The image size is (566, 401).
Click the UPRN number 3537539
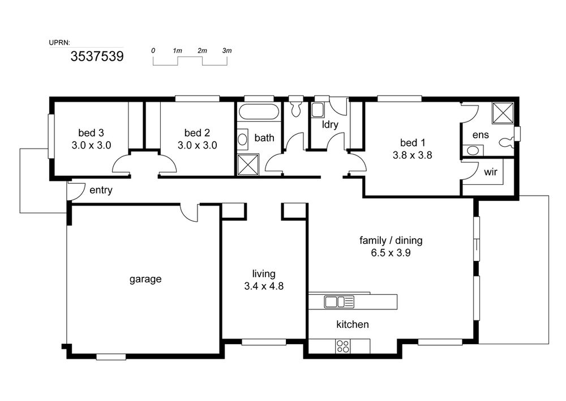tap(97, 56)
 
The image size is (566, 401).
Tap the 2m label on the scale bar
tap(202, 50)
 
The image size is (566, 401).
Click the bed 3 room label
tap(91, 133)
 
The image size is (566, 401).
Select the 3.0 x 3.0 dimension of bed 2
tap(197, 145)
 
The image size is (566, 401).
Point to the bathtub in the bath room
tap(259, 112)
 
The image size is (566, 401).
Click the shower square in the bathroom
tap(248, 165)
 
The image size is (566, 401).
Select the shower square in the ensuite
tap(503, 113)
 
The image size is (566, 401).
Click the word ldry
tap(330, 124)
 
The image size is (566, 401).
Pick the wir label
tap(491, 172)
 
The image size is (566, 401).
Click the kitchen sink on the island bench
tap(339, 302)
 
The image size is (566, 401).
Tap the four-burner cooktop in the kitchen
tap(342, 346)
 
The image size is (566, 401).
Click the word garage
tap(145, 279)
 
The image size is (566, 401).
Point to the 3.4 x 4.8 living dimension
tap(264, 286)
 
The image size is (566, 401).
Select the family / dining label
tap(391, 240)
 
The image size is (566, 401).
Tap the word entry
tap(101, 190)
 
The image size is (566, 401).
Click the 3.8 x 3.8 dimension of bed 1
tap(412, 155)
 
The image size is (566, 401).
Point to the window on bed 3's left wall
tap(52, 136)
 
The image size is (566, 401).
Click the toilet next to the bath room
tap(297, 107)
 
